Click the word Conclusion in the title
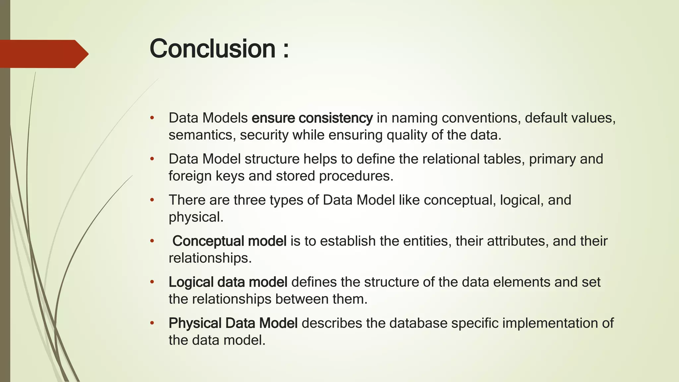coord(213,48)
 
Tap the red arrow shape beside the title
coord(43,54)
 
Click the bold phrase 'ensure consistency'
coord(312,118)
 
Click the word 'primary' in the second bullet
coord(552,159)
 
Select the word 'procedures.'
coord(356,176)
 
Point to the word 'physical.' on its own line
coord(196,217)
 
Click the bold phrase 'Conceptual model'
coord(229,241)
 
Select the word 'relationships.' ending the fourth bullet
coord(210,258)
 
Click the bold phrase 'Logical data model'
coord(228,282)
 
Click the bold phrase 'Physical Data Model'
coord(233,323)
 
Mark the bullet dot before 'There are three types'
coord(152,200)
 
